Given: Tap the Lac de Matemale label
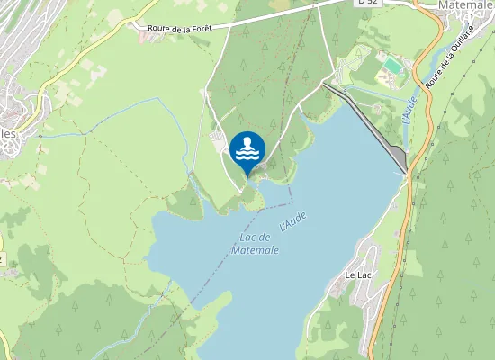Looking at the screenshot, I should coord(255,243).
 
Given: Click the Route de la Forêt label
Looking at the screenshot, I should coord(181,30).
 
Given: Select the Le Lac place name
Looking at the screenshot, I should coord(358,274).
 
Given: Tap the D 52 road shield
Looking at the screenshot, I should coord(364,3).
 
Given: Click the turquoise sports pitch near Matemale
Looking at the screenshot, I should coord(391,66).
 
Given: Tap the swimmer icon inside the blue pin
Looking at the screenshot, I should coord(247,148).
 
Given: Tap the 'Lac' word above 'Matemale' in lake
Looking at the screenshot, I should coord(250,237).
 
